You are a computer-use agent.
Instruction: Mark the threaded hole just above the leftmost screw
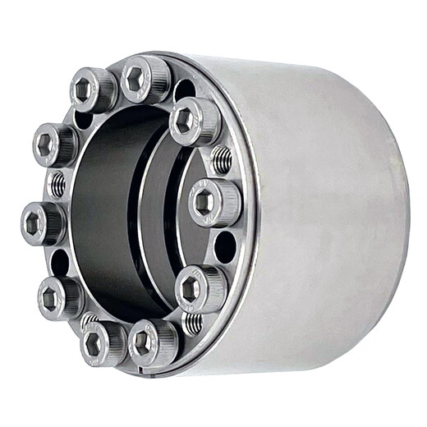[x=57, y=185]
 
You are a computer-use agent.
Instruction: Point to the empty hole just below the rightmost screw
[x=223, y=246]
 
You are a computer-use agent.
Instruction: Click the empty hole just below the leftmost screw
[x=59, y=262]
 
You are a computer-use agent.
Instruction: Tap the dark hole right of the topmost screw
[x=182, y=88]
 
